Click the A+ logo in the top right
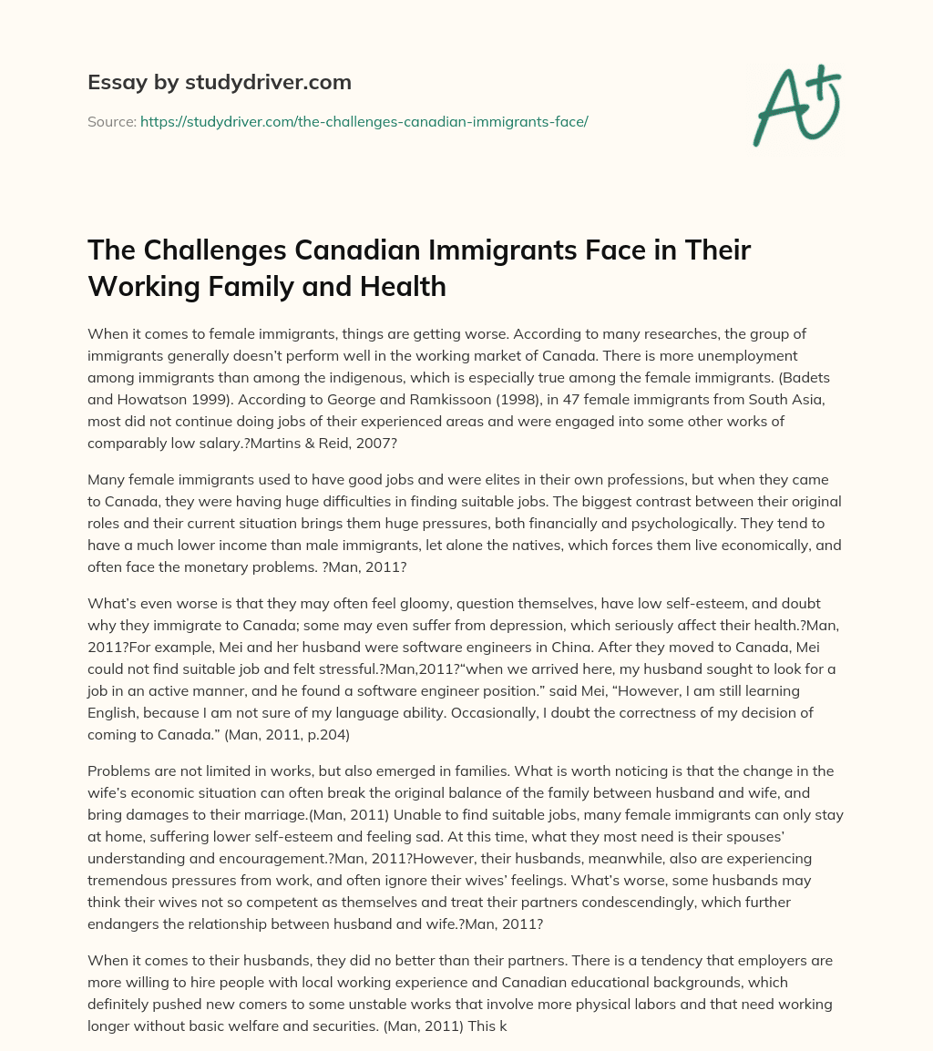[796, 105]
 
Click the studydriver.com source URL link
[364, 121]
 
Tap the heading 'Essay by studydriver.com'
[219, 82]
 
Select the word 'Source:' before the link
[112, 121]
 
